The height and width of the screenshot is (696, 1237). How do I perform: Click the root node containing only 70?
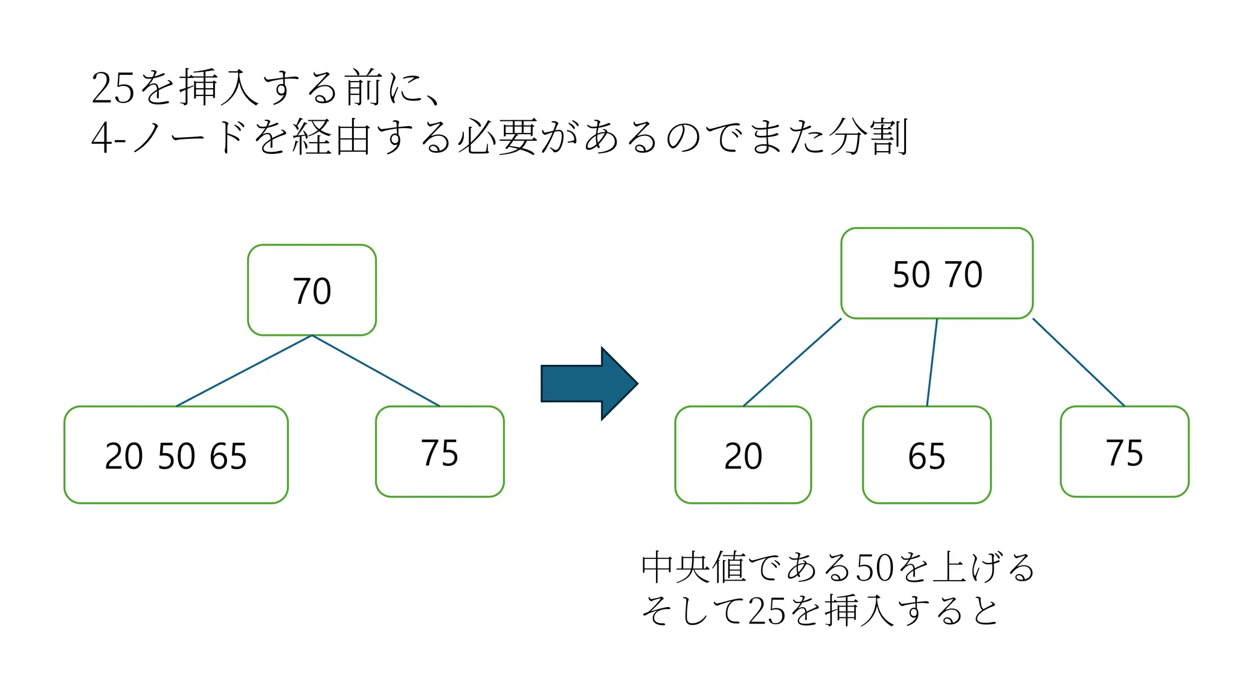tap(312, 290)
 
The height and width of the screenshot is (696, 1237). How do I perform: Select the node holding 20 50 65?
tap(176, 454)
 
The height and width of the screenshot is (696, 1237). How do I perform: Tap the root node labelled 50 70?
tap(937, 273)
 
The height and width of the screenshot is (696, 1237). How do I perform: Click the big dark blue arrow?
tap(589, 383)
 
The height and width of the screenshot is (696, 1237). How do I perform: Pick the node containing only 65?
tap(927, 454)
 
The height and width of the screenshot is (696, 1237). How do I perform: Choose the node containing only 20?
tap(743, 454)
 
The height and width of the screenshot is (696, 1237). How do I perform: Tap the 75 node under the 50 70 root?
tap(1124, 451)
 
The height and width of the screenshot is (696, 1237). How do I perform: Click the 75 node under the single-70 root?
tap(440, 451)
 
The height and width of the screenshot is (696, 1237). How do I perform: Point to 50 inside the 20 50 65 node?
tap(176, 456)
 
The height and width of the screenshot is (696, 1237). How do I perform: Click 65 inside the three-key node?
tap(228, 456)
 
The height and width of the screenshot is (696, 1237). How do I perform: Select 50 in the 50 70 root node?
tap(911, 275)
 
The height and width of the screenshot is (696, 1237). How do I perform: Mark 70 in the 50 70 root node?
tap(964, 275)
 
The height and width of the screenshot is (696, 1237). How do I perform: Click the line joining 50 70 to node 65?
tap(932, 362)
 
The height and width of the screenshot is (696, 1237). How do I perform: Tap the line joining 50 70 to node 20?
tap(792, 362)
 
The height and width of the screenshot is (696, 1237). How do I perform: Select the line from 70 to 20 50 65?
tap(244, 370)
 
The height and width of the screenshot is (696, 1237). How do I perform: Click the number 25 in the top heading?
tap(112, 89)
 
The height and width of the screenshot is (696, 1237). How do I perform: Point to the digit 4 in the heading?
tap(100, 138)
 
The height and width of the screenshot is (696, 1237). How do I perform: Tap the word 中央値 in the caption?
tap(693, 567)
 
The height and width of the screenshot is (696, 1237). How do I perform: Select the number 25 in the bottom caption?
tap(767, 611)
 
